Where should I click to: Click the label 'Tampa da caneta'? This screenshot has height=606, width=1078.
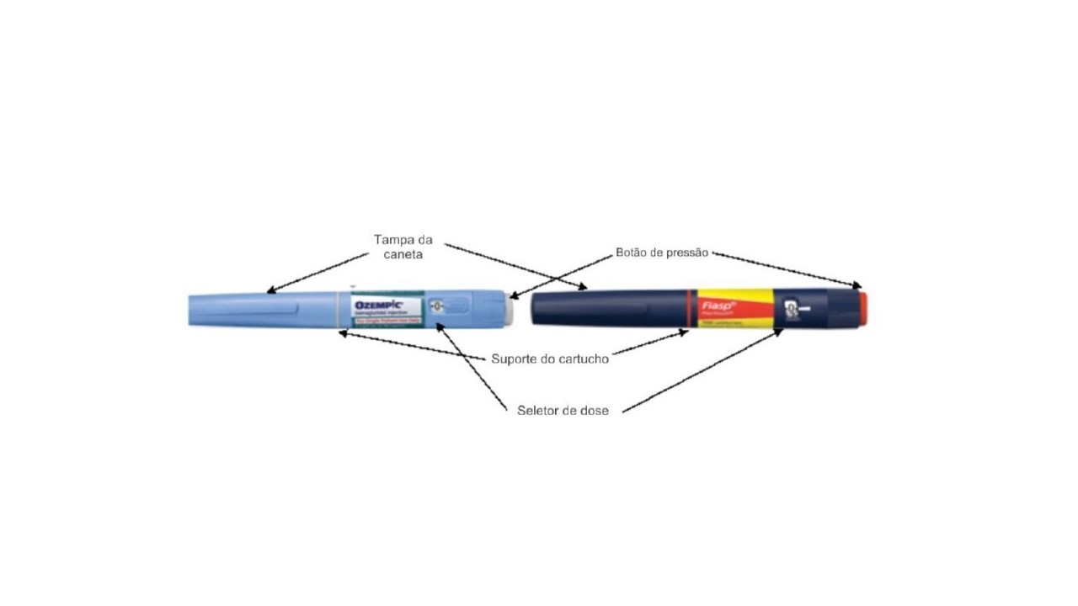(x=403, y=246)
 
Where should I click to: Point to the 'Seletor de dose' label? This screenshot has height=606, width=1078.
(x=563, y=411)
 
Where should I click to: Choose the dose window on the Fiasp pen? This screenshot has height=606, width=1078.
(x=791, y=310)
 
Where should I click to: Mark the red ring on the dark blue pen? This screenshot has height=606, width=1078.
(x=690, y=309)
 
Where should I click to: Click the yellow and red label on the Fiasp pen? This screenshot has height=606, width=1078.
(x=733, y=309)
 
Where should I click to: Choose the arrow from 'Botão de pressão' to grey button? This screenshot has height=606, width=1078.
(x=560, y=274)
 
